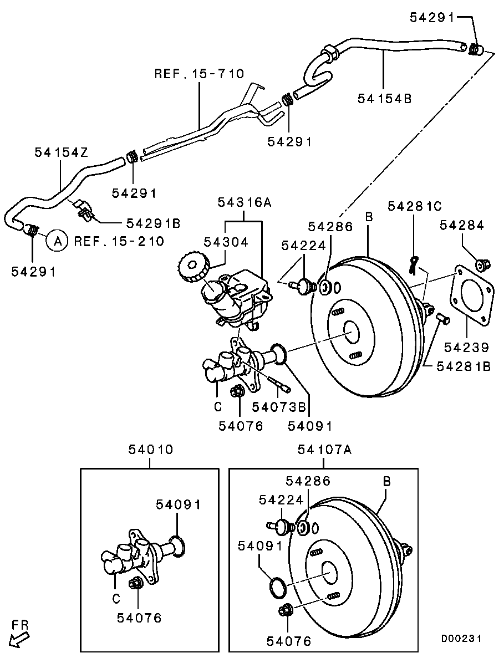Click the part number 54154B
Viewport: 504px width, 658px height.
point(384,99)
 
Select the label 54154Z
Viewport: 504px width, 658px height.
point(61,152)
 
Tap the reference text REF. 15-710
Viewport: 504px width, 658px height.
point(199,74)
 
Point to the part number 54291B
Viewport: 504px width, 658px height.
point(153,223)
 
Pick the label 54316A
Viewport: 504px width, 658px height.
point(244,202)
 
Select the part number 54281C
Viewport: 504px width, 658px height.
point(414,206)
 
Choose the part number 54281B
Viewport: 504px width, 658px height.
point(463,366)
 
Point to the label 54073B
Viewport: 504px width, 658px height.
point(279,407)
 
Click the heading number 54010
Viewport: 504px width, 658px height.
point(150,449)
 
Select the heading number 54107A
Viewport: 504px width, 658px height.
point(324,449)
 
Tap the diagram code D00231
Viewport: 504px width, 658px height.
point(461,638)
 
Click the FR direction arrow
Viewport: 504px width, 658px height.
point(18,637)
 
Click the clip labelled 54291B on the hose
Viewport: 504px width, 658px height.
point(85,208)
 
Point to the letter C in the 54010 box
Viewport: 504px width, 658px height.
point(115,598)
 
